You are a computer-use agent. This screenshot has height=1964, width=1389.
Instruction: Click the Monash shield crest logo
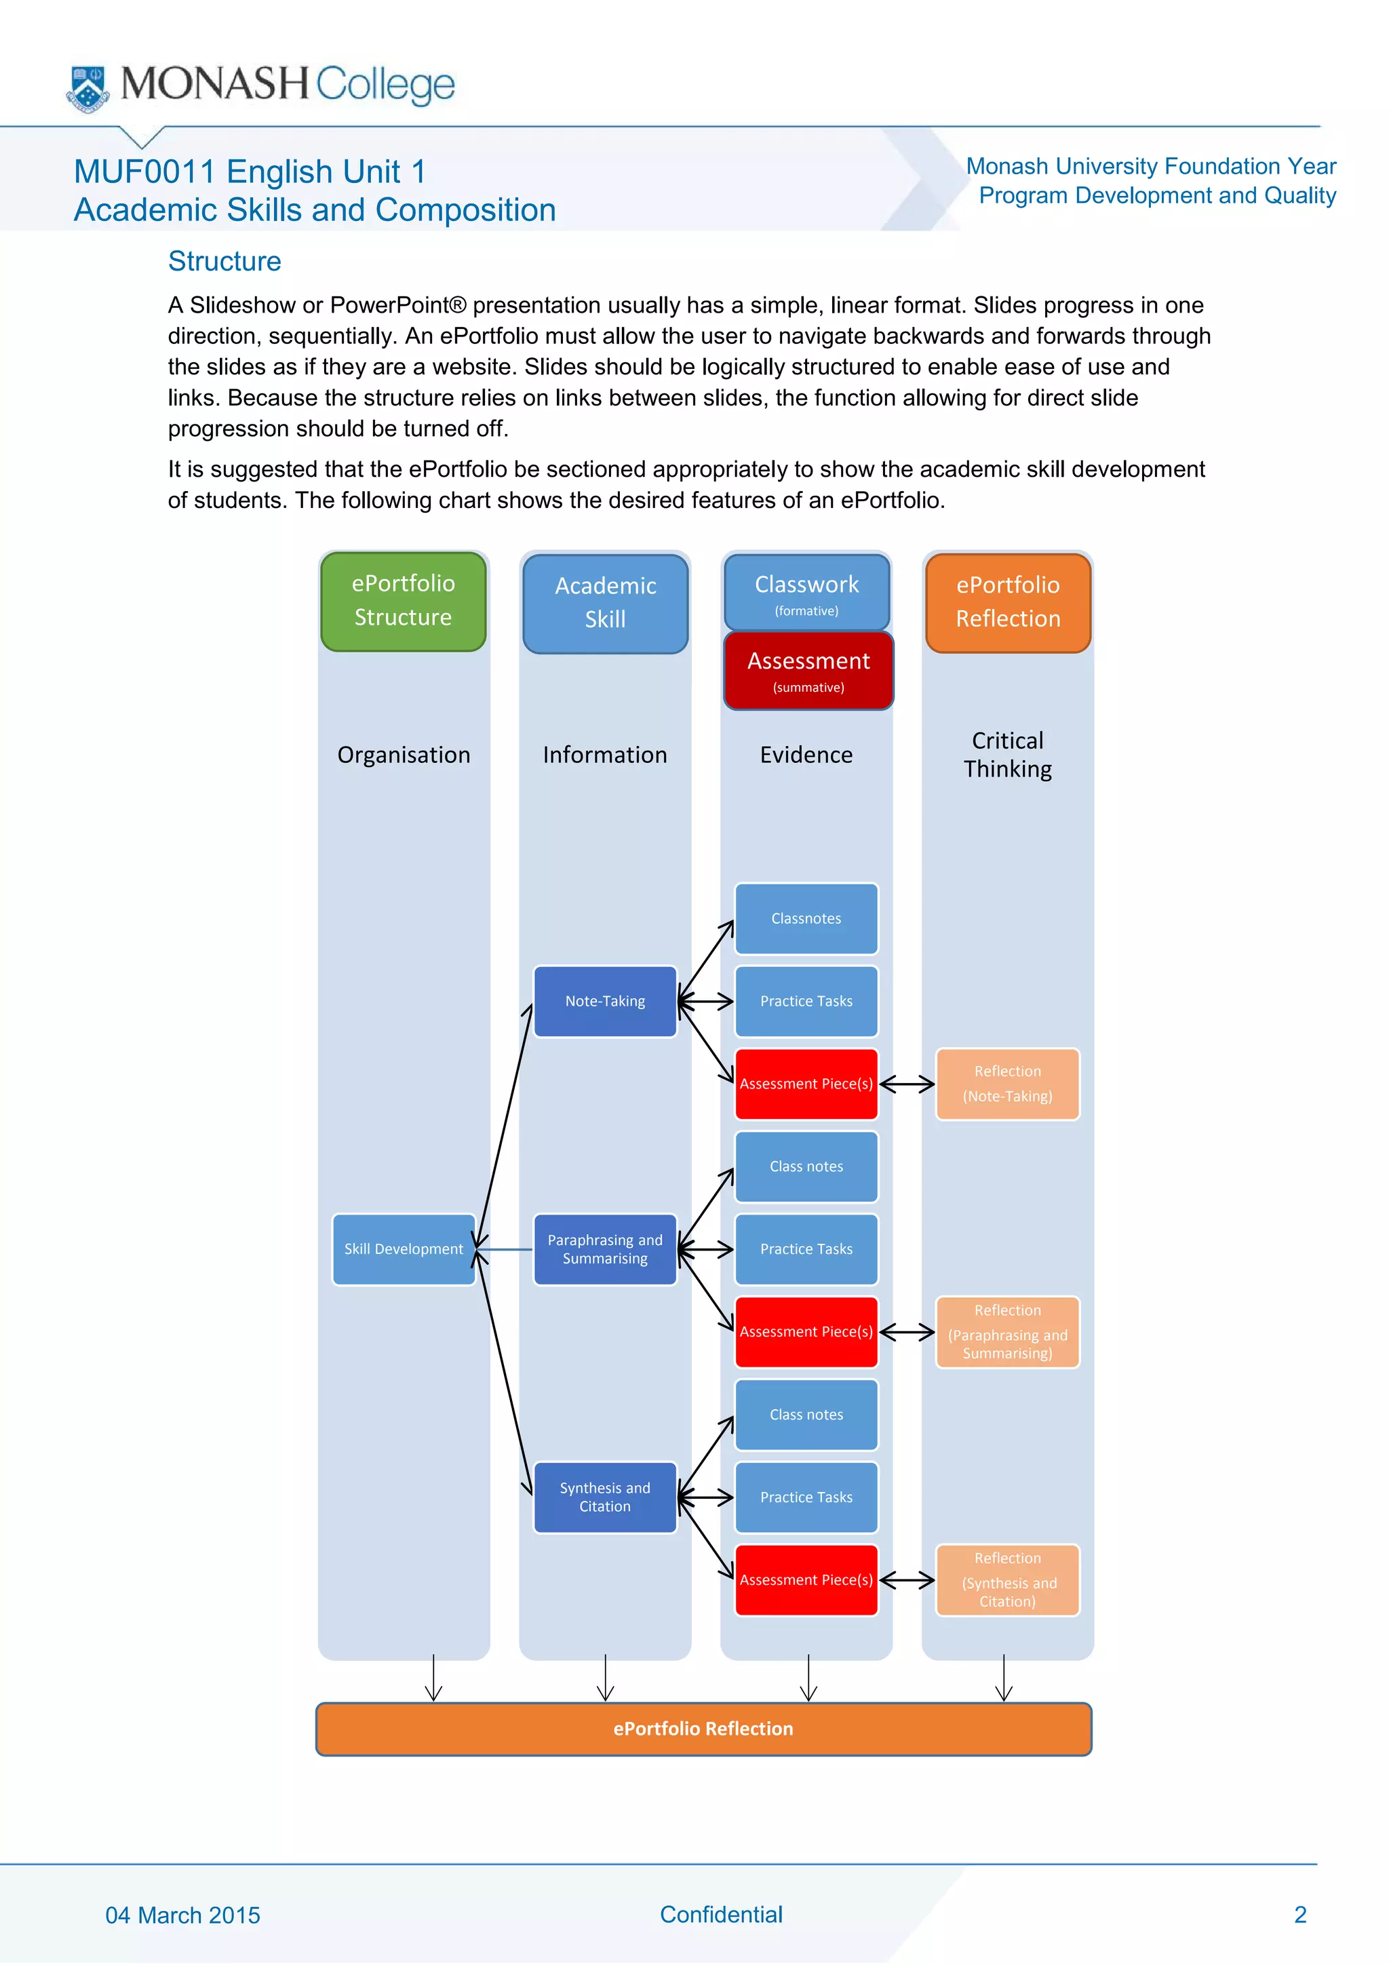pos(87,88)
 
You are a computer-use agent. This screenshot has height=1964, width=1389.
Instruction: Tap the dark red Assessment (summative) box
pos(808,671)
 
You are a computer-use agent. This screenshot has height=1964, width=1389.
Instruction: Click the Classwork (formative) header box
pos(806,592)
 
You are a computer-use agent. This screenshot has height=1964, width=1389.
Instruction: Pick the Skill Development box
pos(404,1249)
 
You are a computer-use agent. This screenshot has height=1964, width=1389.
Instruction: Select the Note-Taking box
pos(605,1001)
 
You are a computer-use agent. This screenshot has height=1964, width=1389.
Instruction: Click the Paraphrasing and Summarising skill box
pos(605,1249)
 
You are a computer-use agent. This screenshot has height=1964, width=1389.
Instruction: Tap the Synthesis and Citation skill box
pos(605,1497)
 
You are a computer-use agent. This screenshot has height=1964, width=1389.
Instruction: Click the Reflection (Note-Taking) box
pos(1008,1084)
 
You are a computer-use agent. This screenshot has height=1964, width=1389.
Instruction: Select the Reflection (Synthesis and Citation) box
pos(1008,1580)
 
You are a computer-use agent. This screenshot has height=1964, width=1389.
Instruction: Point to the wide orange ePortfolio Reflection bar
pos(703,1729)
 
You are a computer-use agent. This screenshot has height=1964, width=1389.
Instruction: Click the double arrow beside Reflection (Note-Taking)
pos(907,1084)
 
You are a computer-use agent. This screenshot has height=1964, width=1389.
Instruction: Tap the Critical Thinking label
pos(1008,754)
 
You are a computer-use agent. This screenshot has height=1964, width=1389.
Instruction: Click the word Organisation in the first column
pos(404,754)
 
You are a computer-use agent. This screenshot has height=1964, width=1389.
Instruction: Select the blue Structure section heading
pos(224,261)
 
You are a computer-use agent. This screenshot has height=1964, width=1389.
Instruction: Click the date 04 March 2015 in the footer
pos(182,1915)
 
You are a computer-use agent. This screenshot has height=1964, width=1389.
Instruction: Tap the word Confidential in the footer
pos(721,1914)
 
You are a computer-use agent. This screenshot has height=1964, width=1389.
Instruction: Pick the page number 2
pos(1299,1914)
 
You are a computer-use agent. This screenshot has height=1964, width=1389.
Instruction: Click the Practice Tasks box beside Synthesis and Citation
pos(806,1497)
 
